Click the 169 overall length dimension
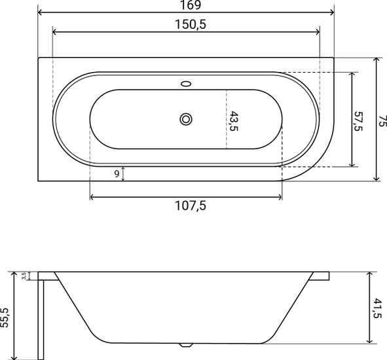(191, 5)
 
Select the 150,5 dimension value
(191, 24)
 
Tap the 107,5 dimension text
(191, 206)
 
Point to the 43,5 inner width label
(234, 121)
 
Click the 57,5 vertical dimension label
(358, 121)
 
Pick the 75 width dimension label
(382, 121)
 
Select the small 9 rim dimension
(117, 174)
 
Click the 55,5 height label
(5, 317)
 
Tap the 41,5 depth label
(377, 308)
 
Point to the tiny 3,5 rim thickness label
(24, 276)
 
